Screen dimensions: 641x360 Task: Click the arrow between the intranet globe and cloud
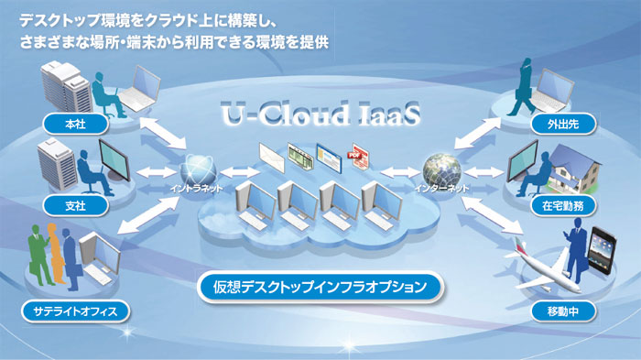click(x=239, y=170)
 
